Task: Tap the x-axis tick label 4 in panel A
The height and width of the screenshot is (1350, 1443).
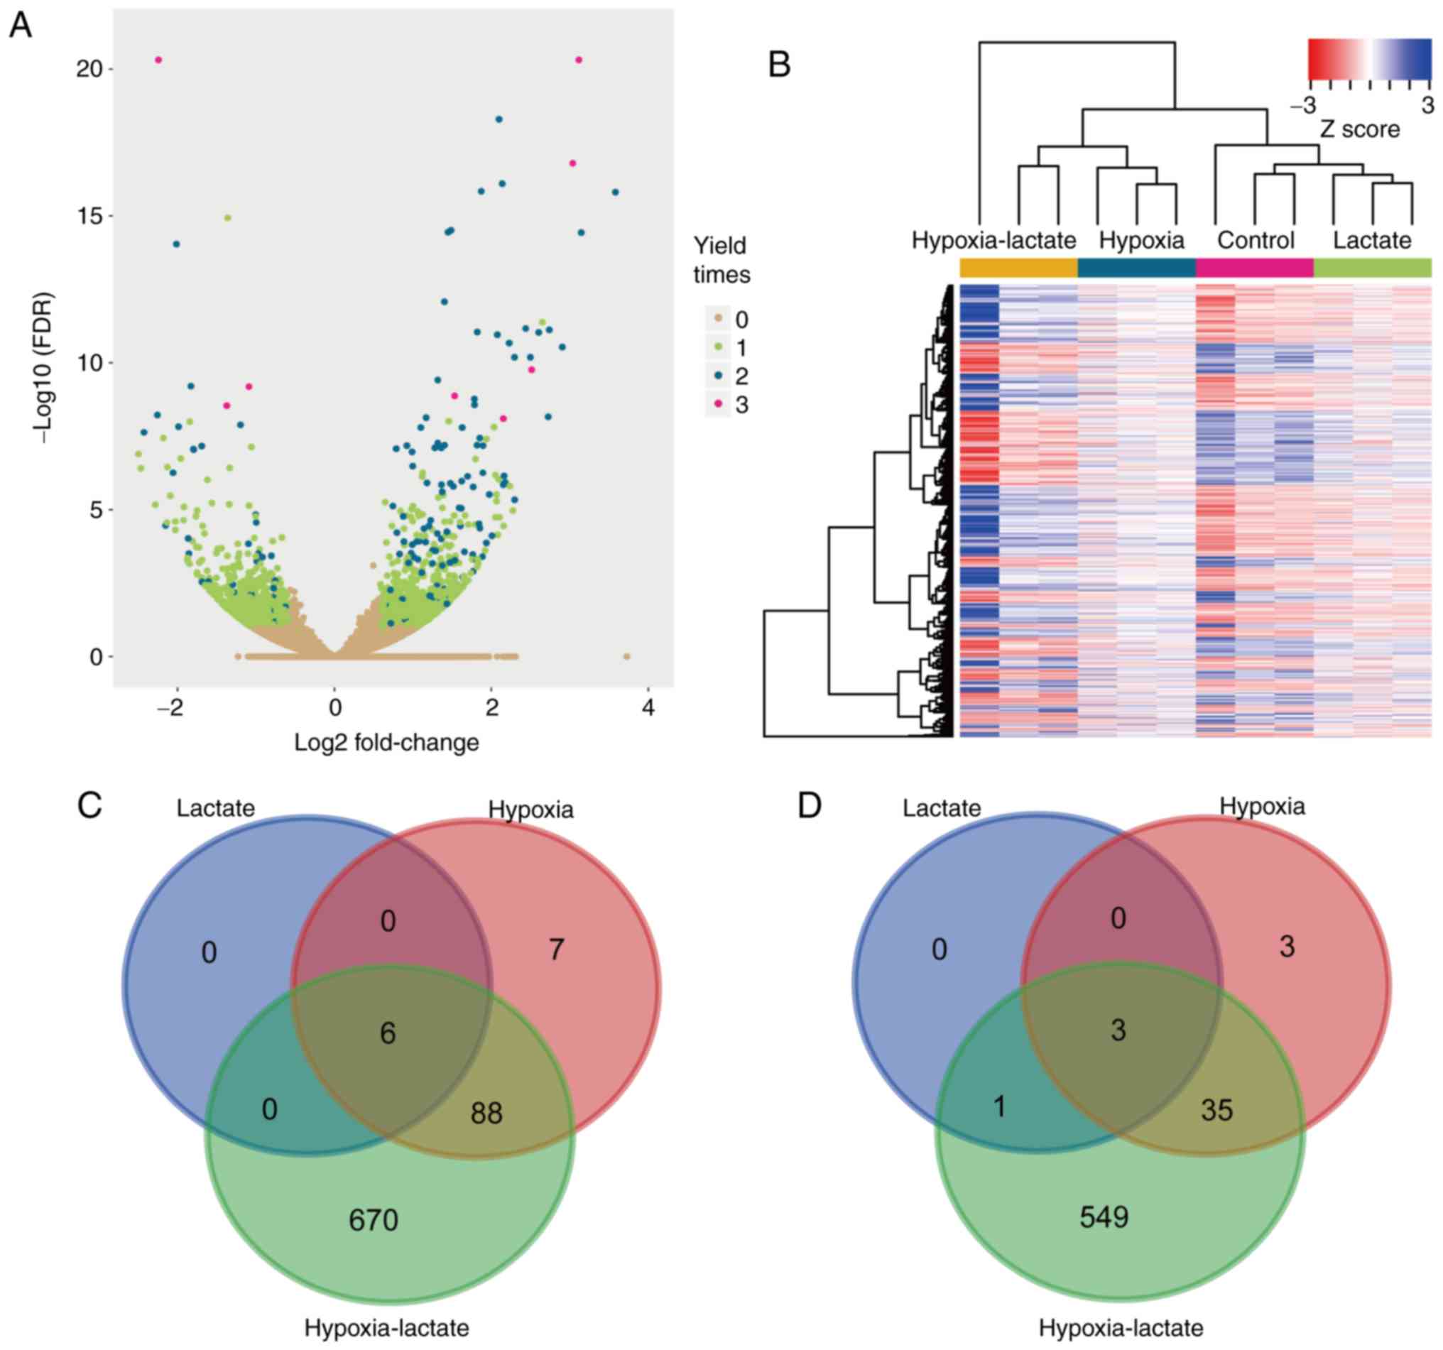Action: (x=648, y=707)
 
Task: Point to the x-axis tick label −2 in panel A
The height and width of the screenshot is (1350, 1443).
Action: (x=171, y=707)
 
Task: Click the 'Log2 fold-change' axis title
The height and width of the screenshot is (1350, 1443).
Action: (x=386, y=743)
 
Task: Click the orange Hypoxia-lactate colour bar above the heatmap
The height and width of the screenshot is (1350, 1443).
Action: (x=1018, y=268)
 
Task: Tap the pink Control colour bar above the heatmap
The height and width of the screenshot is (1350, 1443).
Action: (x=1254, y=268)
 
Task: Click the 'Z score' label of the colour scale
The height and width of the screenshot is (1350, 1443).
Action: (x=1358, y=129)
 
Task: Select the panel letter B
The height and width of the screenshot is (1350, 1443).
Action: (x=780, y=65)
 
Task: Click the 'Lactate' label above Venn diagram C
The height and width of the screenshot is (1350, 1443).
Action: (x=216, y=809)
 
